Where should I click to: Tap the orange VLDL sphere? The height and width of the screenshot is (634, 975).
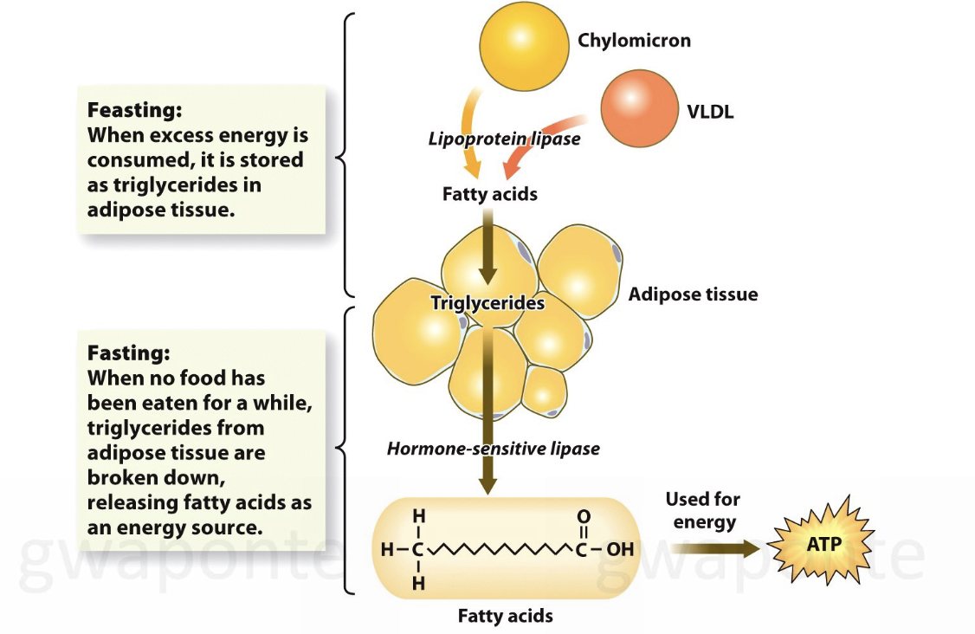coord(639,109)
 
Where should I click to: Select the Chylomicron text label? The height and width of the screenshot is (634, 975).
coord(634,41)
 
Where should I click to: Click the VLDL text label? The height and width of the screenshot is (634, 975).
coord(709,111)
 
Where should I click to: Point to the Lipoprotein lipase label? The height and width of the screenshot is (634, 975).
coord(504,139)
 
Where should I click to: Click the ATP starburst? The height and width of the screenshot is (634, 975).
coord(823,546)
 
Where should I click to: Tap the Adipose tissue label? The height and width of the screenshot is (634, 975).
coord(693,294)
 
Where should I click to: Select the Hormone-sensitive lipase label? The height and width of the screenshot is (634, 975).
coord(493,449)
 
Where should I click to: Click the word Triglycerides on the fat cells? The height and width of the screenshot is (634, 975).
coord(487,303)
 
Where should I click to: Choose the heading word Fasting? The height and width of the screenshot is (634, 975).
coord(129,353)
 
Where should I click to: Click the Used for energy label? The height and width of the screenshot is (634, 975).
coord(703,510)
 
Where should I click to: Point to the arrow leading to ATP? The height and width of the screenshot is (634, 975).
coord(715,547)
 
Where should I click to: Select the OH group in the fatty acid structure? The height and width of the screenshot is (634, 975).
coord(620,549)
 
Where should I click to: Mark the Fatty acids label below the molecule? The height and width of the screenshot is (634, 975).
coord(505,617)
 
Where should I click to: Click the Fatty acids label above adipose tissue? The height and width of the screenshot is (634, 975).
coord(489,194)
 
